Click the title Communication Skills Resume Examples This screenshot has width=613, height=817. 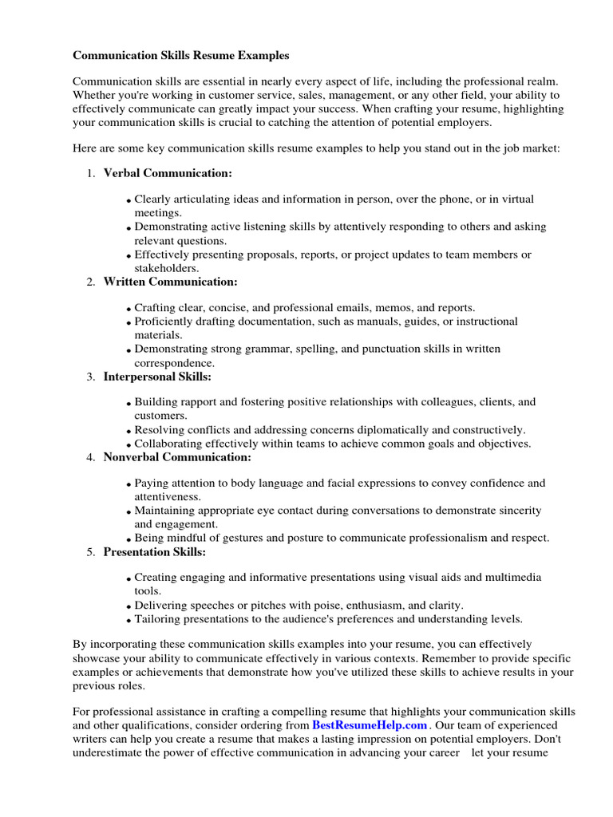tap(181, 56)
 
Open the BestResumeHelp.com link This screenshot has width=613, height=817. tap(370, 725)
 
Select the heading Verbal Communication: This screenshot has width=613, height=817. tap(168, 173)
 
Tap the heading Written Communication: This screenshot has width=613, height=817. tap(170, 282)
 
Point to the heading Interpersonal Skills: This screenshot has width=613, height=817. tap(157, 376)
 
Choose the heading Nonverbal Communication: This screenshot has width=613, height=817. tap(177, 457)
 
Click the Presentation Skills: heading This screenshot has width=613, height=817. tap(155, 551)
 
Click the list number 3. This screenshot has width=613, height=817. tap(90, 377)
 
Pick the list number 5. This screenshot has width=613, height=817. tap(90, 552)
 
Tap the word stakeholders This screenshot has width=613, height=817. tap(166, 268)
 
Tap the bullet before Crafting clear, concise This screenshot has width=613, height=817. tap(129, 309)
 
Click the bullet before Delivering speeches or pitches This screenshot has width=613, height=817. tap(129, 606)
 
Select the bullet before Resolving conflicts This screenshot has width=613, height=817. tap(129, 432)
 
